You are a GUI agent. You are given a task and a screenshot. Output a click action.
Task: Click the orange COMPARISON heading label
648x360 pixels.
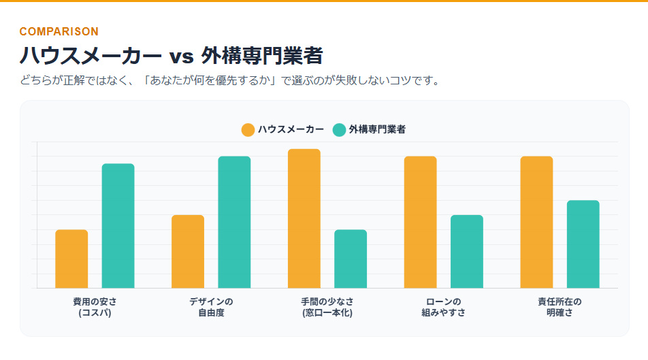59,31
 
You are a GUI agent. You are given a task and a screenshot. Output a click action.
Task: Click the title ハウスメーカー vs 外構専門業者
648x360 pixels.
171,55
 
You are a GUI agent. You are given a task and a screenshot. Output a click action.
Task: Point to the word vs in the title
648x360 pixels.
182,56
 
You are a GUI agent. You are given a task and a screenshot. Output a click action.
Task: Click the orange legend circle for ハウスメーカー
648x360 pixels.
248,129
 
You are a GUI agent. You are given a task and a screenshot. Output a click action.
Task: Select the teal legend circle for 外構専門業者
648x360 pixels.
339,129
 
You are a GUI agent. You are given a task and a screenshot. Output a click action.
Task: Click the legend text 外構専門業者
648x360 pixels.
377,129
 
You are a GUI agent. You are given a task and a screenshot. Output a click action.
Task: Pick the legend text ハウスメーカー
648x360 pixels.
291,129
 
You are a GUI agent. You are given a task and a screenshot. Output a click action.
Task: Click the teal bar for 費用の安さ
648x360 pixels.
118,226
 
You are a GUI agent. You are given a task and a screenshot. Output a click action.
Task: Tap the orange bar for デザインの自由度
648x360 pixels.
188,251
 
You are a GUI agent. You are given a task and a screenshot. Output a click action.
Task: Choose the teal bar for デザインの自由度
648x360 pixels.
234,222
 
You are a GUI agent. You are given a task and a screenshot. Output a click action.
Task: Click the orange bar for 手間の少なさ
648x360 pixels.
304,218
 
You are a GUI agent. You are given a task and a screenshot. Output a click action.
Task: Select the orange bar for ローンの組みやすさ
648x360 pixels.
420,222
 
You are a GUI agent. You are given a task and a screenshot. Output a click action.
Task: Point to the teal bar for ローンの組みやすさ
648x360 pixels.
467,251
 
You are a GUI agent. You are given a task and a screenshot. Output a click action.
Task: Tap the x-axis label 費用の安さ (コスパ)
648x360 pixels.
95,308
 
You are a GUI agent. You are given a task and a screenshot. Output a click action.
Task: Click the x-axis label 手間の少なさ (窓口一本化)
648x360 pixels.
327,308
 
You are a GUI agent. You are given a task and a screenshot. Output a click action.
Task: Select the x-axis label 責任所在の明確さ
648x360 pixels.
560,308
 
